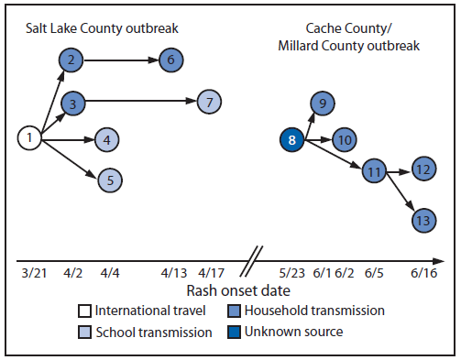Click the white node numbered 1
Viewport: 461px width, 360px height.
[30, 138]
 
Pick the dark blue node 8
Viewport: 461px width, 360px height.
[291, 140]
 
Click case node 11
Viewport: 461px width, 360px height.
[373, 171]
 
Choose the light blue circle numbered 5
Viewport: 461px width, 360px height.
[109, 180]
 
